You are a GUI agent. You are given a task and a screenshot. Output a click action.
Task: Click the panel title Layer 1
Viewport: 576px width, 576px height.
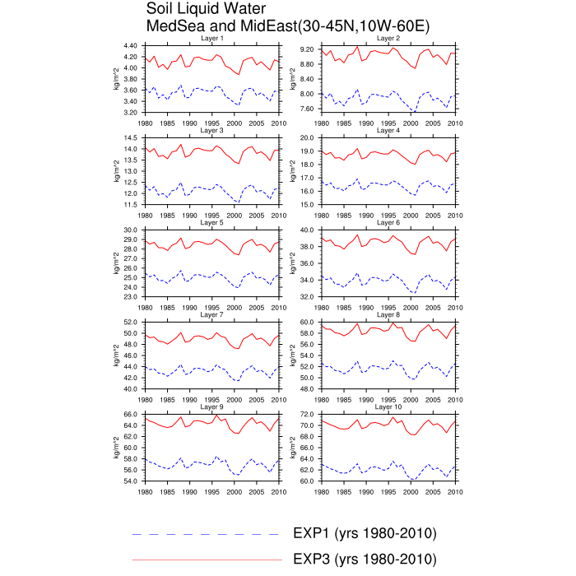click(212, 39)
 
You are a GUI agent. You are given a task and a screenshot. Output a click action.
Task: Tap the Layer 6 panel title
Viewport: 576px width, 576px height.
click(388, 223)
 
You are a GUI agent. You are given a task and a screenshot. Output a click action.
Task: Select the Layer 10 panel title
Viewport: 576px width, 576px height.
click(388, 406)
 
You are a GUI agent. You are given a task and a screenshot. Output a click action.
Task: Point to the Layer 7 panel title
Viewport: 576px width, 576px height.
click(212, 315)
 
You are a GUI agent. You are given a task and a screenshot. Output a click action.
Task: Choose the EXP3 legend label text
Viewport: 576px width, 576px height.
click(364, 560)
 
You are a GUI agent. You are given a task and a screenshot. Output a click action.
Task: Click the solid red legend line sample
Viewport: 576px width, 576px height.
click(206, 560)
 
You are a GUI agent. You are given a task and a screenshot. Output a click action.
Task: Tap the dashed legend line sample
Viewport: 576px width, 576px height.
click(206, 533)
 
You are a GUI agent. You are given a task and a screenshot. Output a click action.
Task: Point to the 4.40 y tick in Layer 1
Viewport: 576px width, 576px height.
click(130, 45)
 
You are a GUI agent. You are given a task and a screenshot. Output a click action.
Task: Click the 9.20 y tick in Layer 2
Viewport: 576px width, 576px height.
click(307, 49)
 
